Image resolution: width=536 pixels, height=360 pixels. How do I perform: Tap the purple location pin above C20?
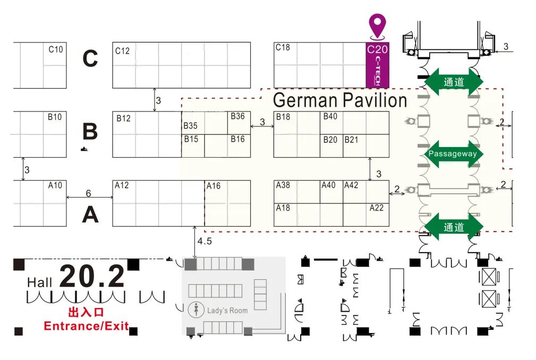click(378, 25)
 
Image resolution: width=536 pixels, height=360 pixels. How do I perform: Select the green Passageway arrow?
click(453, 154)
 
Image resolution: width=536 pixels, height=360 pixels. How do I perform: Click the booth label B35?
click(191, 126)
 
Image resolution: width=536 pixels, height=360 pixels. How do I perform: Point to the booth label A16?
click(214, 186)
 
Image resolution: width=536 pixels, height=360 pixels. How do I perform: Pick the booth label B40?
click(330, 117)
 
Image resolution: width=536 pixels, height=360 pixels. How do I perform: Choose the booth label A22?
click(377, 208)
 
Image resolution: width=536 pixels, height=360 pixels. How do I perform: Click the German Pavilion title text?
click(340, 100)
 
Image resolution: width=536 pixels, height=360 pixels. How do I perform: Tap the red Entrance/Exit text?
click(86, 325)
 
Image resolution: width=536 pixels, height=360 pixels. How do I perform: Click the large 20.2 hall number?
click(92, 277)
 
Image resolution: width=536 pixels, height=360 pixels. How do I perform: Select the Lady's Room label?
click(227, 311)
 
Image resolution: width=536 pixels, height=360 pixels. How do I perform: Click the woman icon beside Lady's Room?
click(197, 310)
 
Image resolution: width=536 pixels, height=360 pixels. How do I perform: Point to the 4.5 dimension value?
click(205, 241)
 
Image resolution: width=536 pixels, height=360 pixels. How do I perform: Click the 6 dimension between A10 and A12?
click(89, 193)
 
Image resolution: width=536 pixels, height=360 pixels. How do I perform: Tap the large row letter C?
click(90, 59)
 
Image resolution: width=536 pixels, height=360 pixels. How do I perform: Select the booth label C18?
click(283, 47)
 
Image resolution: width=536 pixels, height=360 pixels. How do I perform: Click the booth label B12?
click(123, 118)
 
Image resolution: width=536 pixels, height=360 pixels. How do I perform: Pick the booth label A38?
click(283, 185)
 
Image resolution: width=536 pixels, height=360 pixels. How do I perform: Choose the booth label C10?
click(56, 49)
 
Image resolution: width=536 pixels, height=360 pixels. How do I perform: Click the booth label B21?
click(351, 140)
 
